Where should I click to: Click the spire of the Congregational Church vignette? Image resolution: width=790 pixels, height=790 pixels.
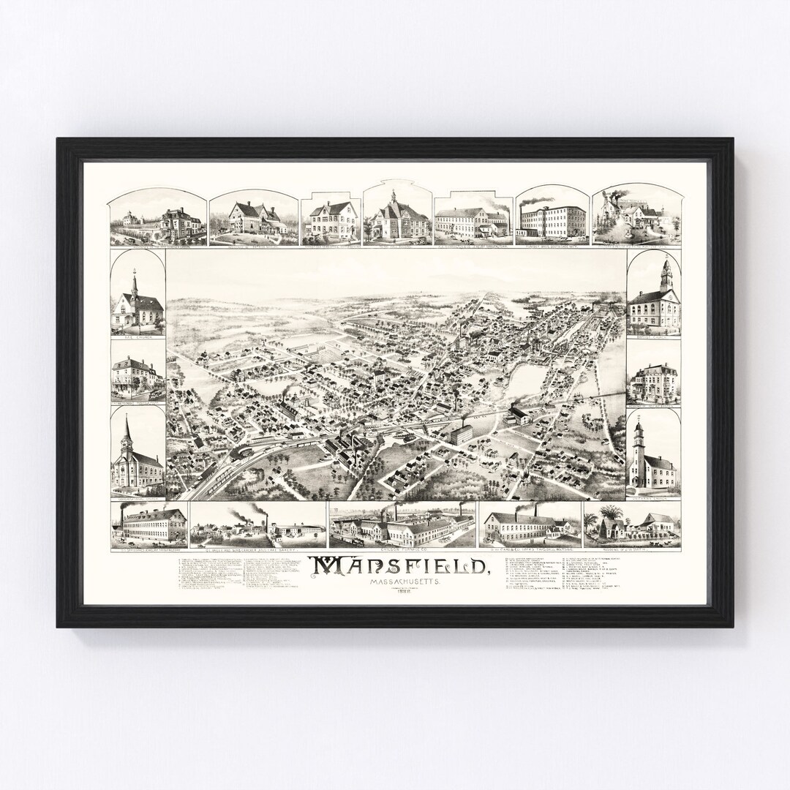127,430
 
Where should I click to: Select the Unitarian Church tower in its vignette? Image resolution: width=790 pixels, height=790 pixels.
639,439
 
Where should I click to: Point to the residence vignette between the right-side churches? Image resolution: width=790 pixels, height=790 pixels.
653,382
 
